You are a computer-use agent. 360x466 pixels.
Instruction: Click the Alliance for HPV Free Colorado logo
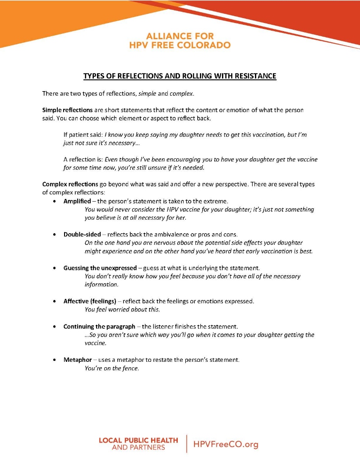180,40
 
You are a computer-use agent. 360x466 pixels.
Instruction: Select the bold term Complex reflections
70,184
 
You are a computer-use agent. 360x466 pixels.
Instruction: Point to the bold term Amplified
77,201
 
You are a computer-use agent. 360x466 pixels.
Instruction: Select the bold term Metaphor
78,360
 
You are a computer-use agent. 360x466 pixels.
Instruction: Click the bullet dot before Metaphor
55,360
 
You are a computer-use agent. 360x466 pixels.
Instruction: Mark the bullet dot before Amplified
55,201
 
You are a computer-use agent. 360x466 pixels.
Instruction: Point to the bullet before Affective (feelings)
55,301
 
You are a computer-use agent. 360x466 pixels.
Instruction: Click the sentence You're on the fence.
112,368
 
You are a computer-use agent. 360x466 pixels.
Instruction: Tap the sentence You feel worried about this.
122,309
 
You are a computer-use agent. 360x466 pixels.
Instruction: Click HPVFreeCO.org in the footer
226,444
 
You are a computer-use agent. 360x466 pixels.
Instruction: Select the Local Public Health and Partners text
138,443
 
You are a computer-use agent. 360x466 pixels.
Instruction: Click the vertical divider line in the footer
186,444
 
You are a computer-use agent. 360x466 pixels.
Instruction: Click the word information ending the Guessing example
102,285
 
